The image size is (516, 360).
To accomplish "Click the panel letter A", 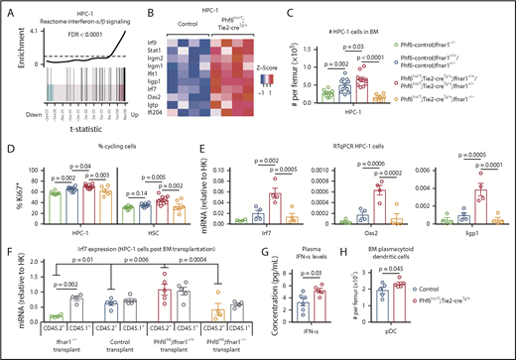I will coord(8,8).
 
